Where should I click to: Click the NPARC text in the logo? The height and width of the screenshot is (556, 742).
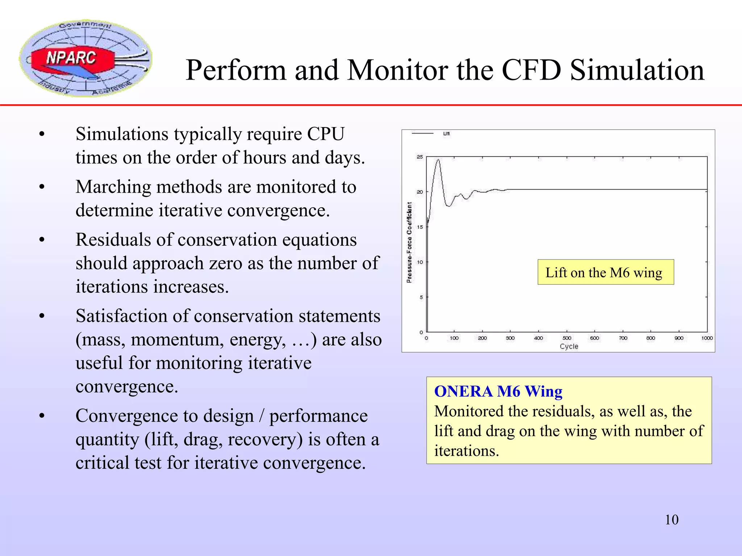[x=71, y=58]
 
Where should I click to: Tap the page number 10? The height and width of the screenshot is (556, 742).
[x=671, y=520]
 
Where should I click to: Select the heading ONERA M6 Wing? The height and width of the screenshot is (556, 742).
[x=498, y=392]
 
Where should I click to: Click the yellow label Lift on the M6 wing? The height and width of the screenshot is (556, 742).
[x=605, y=272]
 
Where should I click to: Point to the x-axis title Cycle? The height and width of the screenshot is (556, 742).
[x=569, y=346]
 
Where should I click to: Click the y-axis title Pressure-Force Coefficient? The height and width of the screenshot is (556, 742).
[x=409, y=243]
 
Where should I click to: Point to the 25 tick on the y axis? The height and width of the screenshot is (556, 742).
[x=420, y=157]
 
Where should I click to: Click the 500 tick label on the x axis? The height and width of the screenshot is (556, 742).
[x=567, y=338]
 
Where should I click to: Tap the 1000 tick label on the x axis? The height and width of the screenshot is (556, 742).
[x=707, y=338]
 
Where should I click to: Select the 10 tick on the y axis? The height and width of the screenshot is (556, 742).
[x=420, y=262]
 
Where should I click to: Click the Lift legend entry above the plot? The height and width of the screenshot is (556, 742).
[x=446, y=134]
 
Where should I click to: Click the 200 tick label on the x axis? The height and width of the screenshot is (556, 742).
[x=482, y=338]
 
